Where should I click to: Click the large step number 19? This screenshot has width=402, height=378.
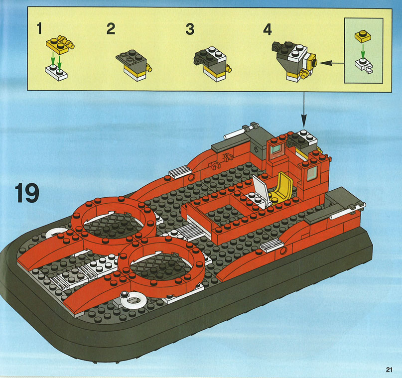pyautogui.click(x=27, y=193)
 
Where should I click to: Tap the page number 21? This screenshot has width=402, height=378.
pyautogui.click(x=389, y=370)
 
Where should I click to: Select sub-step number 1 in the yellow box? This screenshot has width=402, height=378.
pyautogui.click(x=39, y=28)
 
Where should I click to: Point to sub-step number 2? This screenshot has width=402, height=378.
pyautogui.click(x=111, y=29)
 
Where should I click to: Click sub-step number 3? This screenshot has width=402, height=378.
pyautogui.click(x=190, y=29)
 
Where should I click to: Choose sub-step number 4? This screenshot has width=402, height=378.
pyautogui.click(x=268, y=29)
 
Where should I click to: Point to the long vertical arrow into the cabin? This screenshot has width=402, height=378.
pyautogui.click(x=304, y=109)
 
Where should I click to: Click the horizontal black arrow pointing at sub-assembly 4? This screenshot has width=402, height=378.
pyautogui.click(x=331, y=63)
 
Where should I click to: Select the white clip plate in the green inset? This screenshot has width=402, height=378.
pyautogui.click(x=364, y=65)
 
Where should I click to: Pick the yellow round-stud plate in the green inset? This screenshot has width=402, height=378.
pyautogui.click(x=363, y=36)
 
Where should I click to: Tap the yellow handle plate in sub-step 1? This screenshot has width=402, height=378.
pyautogui.click(x=61, y=44)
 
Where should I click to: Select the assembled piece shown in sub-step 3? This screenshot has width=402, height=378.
pyautogui.click(x=213, y=64)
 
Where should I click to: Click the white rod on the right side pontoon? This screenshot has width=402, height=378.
pyautogui.click(x=347, y=211)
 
